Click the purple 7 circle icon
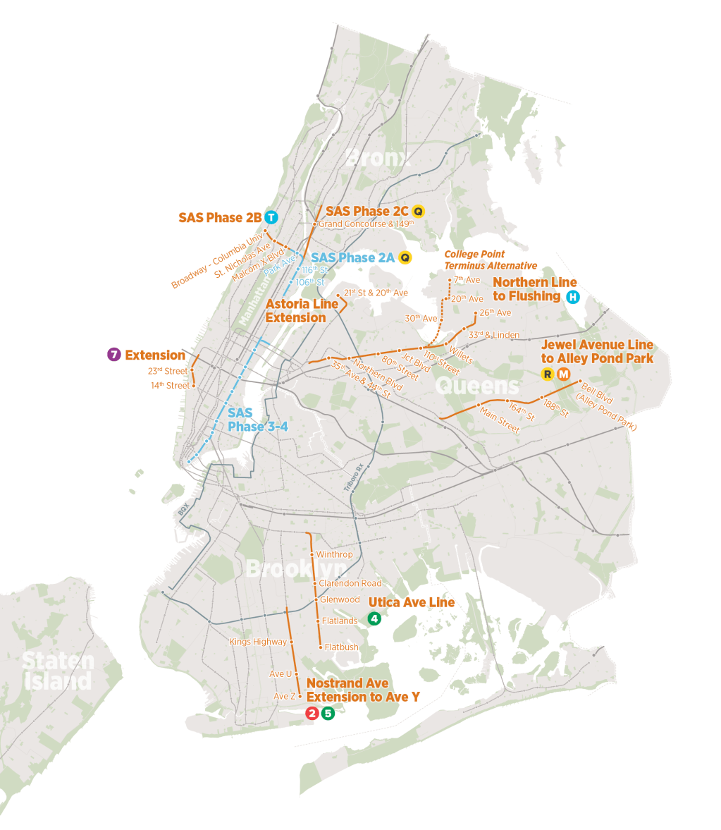113,355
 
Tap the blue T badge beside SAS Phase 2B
271,217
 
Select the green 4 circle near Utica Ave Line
374,619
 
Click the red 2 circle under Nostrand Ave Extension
312,713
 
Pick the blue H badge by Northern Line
573,297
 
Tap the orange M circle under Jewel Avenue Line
563,374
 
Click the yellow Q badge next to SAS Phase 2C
418,211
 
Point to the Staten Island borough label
58,671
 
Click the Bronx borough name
378,158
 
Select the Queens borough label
477,386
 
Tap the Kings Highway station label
258,642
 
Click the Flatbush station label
342,647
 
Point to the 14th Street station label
170,386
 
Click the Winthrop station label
335,554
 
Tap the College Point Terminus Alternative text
491,260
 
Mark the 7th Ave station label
467,280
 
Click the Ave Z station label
285,696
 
